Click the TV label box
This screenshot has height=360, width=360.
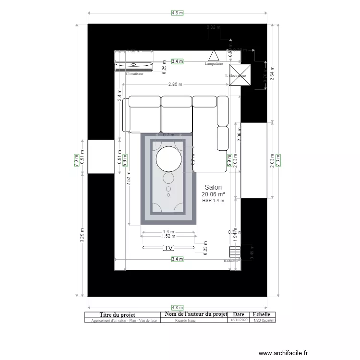click(x=168, y=248)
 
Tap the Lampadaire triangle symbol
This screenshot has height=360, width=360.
click(x=214, y=56)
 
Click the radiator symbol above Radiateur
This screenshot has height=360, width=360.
click(x=234, y=252)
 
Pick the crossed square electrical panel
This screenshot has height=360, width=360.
click(x=239, y=75)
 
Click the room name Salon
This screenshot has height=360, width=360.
click(x=213, y=187)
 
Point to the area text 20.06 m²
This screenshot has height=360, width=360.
click(x=214, y=194)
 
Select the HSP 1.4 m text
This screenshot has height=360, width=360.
click(x=213, y=201)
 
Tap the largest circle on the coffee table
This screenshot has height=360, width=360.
click(x=168, y=159)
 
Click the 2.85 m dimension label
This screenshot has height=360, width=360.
click(x=175, y=84)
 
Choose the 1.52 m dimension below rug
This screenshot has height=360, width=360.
click(x=168, y=236)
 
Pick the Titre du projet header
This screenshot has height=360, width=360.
click(x=121, y=314)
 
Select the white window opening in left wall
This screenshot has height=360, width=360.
click(x=101, y=157)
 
